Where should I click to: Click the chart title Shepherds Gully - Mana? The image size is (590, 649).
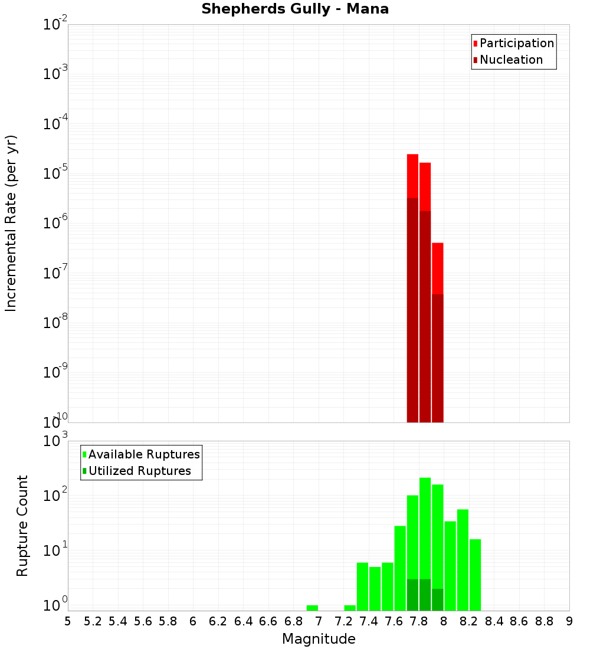[x=295, y=9]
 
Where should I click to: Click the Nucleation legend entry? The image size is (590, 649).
[x=511, y=60]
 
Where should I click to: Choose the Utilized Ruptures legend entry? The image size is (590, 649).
[x=139, y=471]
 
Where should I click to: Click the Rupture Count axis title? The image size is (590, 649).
[x=22, y=526]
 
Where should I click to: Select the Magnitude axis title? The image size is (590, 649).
[x=319, y=639]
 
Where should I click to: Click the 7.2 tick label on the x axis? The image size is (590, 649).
[x=343, y=621]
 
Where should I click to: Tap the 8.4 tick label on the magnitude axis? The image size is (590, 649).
[x=494, y=621]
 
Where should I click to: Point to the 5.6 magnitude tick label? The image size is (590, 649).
[x=143, y=621]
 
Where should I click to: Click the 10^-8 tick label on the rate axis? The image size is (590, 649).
[x=54, y=323]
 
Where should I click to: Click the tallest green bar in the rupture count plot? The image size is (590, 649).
[x=425, y=531]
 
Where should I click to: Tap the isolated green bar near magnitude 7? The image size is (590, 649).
[x=312, y=608]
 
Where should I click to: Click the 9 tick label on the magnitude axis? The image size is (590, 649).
[x=569, y=621]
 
